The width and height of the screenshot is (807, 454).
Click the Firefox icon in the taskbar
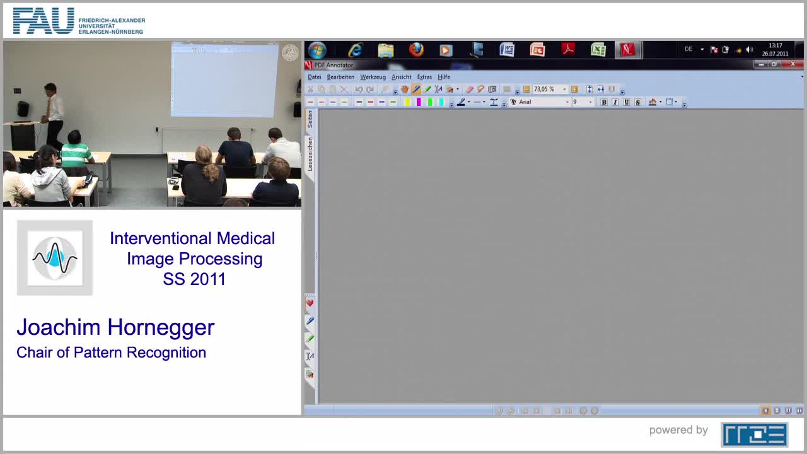click(x=416, y=50)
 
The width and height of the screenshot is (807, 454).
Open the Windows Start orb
click(x=317, y=50)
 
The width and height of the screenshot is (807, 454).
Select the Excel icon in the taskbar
click(x=598, y=50)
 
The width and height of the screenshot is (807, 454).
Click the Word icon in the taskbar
click(x=507, y=50)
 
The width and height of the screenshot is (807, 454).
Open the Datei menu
click(x=314, y=77)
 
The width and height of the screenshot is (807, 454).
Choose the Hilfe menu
click(x=444, y=77)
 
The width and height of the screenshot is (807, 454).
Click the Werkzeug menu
click(x=373, y=77)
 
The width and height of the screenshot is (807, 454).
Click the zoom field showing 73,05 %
click(x=547, y=90)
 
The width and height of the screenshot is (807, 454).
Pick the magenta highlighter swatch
click(x=419, y=102)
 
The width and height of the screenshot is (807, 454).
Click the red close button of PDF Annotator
click(x=793, y=64)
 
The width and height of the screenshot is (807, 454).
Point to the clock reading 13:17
click(x=775, y=46)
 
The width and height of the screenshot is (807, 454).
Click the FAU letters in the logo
click(x=44, y=21)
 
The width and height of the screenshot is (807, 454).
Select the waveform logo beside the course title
click(x=55, y=257)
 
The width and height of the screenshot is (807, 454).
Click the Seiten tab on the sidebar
click(x=310, y=119)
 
